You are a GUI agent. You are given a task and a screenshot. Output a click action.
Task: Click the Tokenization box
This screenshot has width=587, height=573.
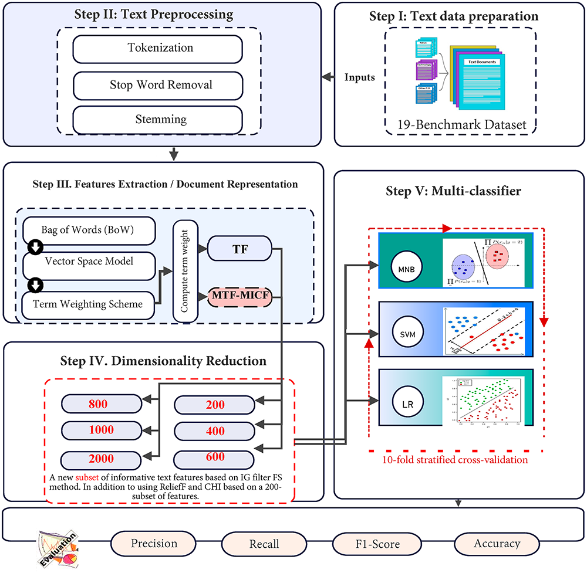click(x=157, y=49)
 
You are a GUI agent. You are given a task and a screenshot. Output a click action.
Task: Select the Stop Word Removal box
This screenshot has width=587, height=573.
click(x=157, y=84)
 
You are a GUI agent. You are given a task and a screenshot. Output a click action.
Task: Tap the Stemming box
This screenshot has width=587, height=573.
click(x=157, y=120)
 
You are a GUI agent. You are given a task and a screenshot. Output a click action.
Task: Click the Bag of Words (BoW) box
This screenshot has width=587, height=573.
click(x=89, y=230)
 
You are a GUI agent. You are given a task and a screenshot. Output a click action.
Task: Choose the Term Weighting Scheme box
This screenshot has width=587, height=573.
click(x=89, y=303)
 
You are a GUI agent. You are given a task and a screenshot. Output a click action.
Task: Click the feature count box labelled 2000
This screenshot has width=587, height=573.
click(x=102, y=459)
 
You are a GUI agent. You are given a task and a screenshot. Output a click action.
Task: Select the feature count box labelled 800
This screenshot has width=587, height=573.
click(x=102, y=404)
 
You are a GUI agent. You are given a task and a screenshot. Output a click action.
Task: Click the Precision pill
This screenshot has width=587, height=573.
click(x=154, y=544)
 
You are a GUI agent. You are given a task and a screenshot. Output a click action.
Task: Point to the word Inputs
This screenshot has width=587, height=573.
click(x=359, y=77)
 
